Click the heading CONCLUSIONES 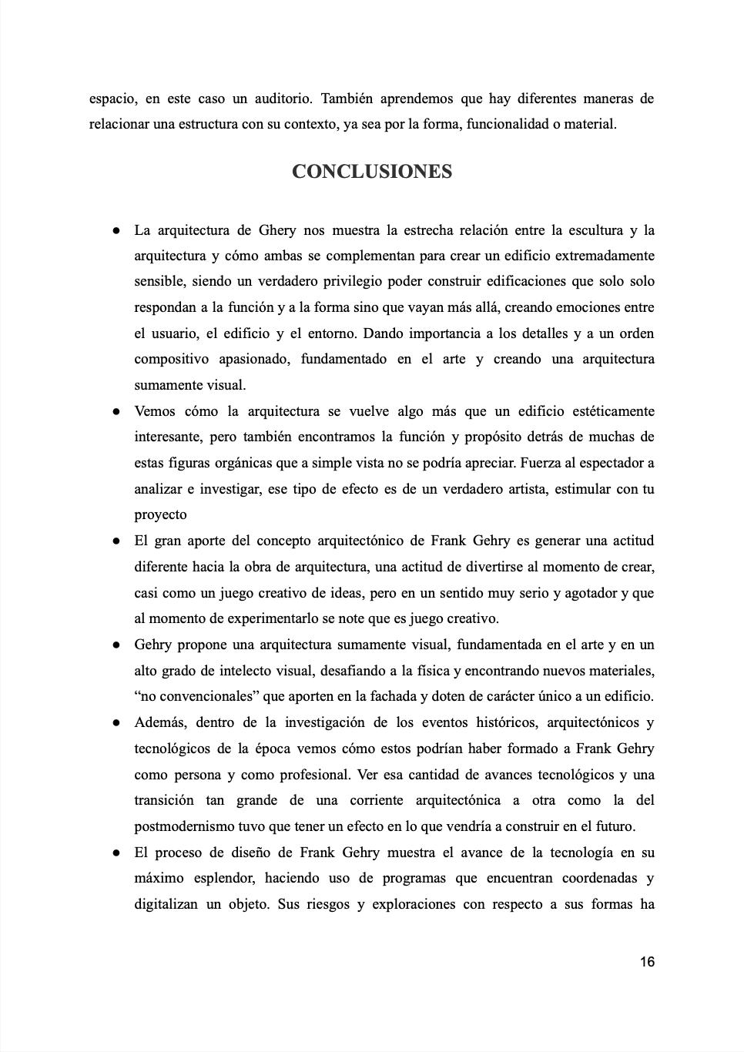371,172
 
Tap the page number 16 647,962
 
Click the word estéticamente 604,411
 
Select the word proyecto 160,515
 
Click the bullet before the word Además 115,723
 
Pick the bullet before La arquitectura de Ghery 115,230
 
